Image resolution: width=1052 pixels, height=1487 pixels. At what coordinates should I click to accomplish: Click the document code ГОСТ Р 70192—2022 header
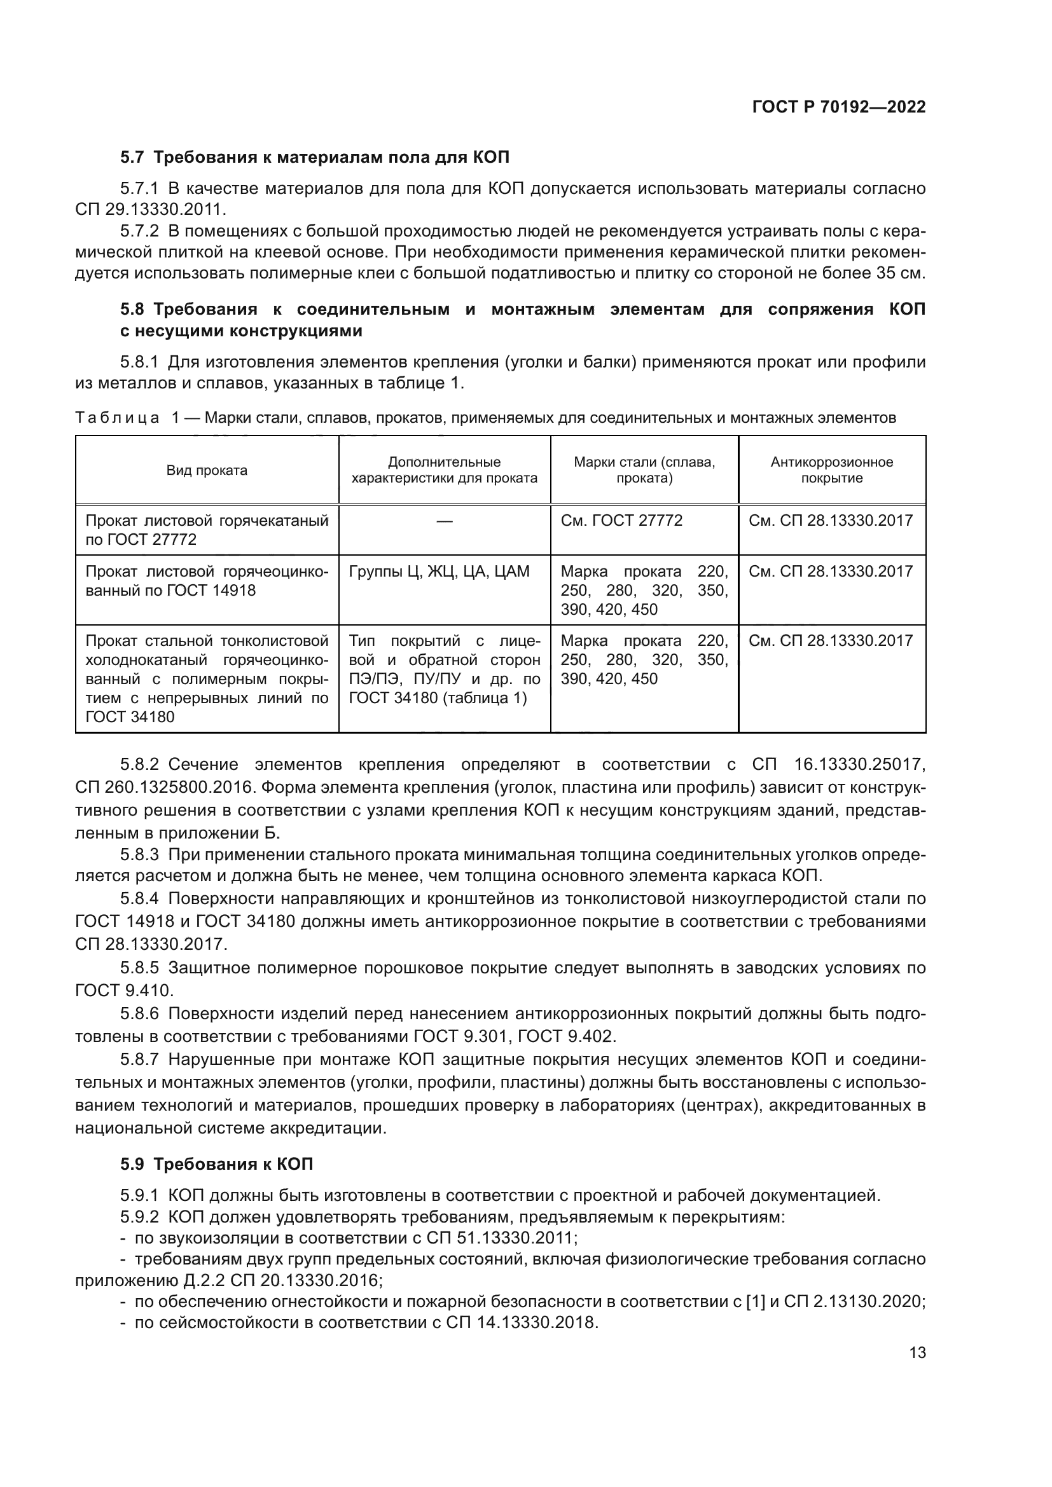839,107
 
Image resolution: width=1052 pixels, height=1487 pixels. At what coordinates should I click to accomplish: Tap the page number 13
917,1352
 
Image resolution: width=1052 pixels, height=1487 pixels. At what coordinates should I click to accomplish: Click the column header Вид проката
207,470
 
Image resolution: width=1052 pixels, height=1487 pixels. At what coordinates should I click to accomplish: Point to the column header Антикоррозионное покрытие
832,470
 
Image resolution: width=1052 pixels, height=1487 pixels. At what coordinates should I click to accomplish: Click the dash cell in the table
445,521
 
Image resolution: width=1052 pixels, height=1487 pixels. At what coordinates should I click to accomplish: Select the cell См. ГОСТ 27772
621,521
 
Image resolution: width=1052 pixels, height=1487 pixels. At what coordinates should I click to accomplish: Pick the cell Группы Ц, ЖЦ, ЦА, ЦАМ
439,572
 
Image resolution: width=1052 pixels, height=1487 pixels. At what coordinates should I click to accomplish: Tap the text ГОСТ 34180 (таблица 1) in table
438,698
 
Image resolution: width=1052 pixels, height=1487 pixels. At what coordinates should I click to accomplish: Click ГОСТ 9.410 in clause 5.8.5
123,990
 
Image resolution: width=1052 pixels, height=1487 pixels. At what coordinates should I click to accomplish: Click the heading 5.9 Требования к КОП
216,1164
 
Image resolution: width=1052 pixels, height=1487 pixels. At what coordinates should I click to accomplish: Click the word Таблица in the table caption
117,418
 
